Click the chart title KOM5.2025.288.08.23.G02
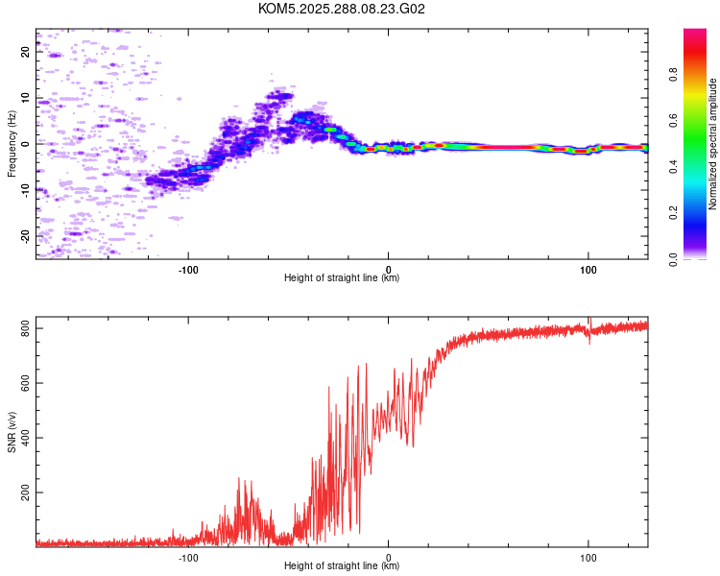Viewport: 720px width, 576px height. tap(342, 9)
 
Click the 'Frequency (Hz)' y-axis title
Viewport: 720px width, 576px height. tap(12, 144)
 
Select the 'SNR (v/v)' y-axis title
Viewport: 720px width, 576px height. tap(12, 431)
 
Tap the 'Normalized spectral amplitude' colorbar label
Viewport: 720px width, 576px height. tap(713, 144)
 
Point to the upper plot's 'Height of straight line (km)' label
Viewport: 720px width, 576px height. tap(342, 278)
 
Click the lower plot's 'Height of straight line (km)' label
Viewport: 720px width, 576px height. tap(342, 566)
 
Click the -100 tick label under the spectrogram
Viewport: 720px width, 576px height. tap(188, 269)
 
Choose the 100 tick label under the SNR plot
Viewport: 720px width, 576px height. tap(588, 557)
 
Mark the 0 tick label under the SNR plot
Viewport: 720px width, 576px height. tap(389, 557)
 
